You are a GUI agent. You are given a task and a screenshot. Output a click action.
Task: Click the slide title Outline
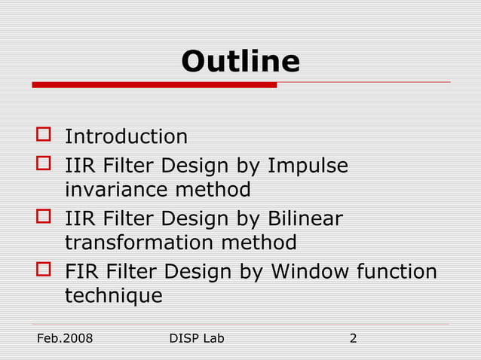(x=240, y=61)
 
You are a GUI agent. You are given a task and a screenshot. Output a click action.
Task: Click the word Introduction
(x=126, y=137)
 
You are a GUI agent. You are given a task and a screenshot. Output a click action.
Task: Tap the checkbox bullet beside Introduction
(x=44, y=136)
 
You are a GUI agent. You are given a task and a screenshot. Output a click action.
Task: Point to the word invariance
(x=117, y=189)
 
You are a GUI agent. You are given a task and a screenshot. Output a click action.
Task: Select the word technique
(x=113, y=296)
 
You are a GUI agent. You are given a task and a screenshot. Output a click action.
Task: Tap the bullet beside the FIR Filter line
(x=44, y=270)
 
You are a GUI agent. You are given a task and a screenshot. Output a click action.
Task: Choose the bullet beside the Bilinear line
(x=44, y=218)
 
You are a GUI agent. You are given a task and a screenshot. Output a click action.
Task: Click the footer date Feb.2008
(x=65, y=338)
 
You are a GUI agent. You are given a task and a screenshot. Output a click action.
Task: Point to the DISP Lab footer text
(x=198, y=338)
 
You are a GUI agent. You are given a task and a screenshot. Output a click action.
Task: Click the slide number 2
(x=353, y=338)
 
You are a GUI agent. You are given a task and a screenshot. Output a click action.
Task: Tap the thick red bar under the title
(x=154, y=85)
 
